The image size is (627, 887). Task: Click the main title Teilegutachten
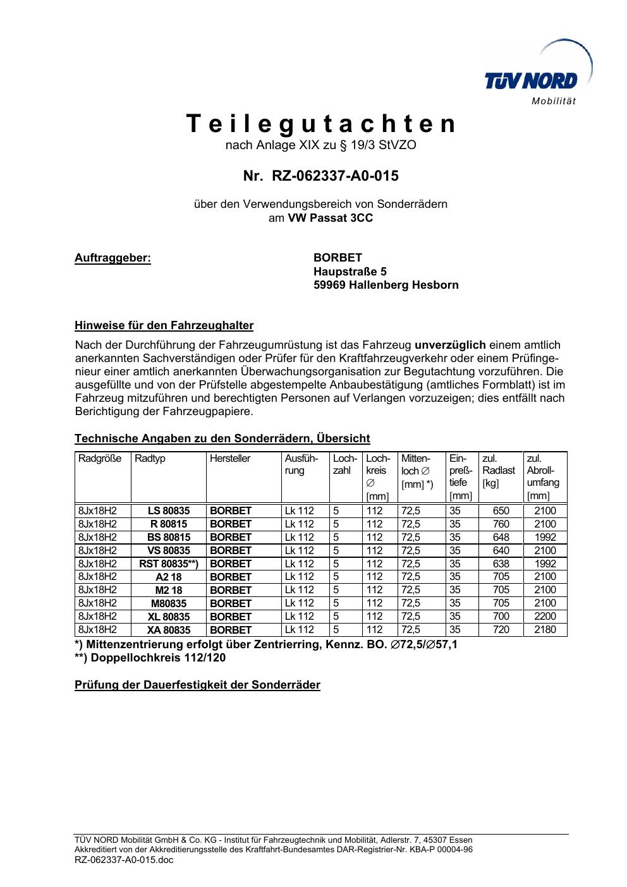[x=321, y=124]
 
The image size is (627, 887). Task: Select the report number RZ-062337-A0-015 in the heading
[x=335, y=176]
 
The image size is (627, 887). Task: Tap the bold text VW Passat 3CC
[x=331, y=218]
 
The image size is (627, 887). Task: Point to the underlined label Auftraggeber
[x=113, y=258]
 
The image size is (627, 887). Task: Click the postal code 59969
[x=329, y=285]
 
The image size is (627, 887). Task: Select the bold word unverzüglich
[x=450, y=345]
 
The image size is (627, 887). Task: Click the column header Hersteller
[x=230, y=459]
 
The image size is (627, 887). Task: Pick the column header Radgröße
[x=100, y=459]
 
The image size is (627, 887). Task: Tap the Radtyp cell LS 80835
[x=168, y=510]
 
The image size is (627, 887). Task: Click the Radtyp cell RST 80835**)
[x=168, y=564]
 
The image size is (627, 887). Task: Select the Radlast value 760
[x=501, y=524]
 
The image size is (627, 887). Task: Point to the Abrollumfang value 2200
[x=545, y=616]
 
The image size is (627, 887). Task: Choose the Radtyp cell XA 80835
[x=168, y=630]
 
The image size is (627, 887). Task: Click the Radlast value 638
[x=501, y=564]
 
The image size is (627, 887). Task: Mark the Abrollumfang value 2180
[x=545, y=629]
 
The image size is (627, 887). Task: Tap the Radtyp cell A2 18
[x=168, y=577]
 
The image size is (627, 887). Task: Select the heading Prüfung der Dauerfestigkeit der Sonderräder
[x=197, y=685]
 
